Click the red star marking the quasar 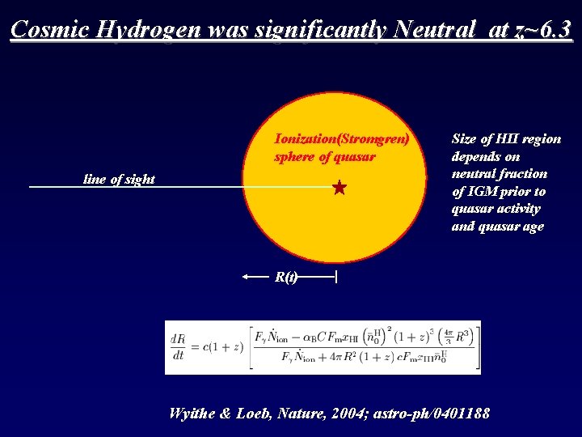[x=339, y=189]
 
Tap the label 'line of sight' [x=119, y=179]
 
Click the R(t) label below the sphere [x=286, y=277]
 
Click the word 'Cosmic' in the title [x=50, y=30]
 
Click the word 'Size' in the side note [x=464, y=138]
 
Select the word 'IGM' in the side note [x=483, y=191]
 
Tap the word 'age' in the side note [x=532, y=226]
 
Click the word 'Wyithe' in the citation [x=191, y=413]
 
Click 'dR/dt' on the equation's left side [x=178, y=346]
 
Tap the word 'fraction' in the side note [x=523, y=173]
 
